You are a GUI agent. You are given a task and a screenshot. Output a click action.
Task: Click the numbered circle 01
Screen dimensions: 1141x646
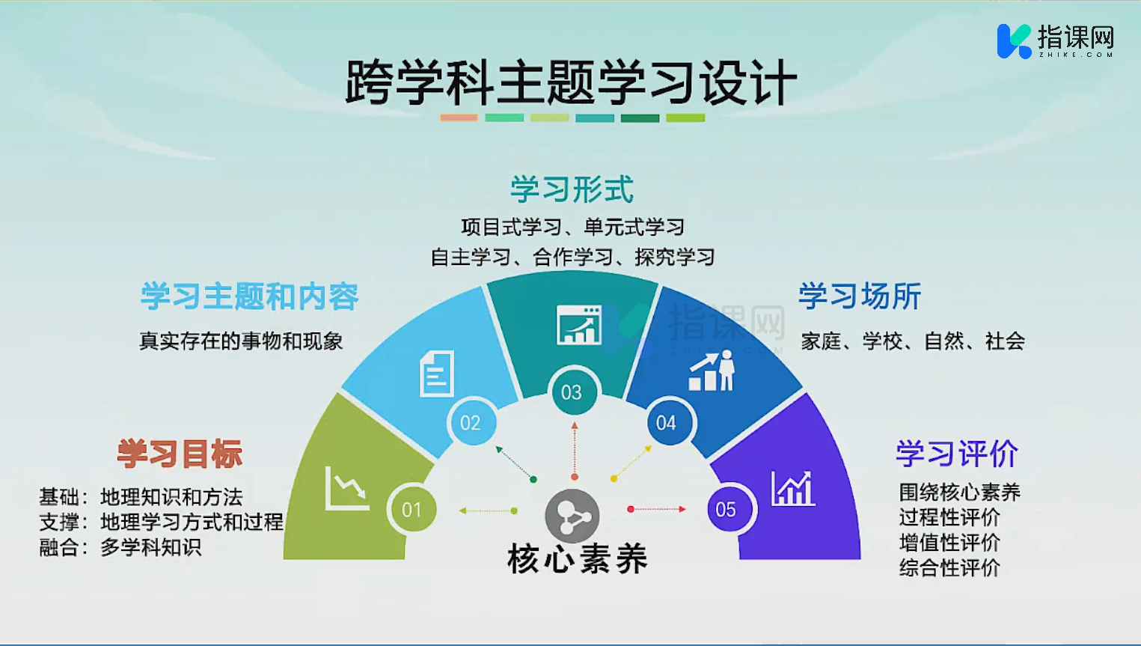412,509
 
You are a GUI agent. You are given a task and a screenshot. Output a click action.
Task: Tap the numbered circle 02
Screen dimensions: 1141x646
471,422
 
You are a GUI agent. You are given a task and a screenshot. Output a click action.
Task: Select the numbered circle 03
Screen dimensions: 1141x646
572,391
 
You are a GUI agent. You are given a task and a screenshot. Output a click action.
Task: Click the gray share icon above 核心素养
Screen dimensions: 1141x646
572,516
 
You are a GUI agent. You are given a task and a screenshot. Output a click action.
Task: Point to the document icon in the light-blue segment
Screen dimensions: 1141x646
436,374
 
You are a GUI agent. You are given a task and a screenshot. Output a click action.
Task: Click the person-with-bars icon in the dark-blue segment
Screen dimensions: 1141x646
712,371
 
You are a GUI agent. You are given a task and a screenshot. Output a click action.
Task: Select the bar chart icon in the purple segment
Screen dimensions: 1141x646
793,488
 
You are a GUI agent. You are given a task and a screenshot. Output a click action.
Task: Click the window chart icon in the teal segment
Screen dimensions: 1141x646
579,325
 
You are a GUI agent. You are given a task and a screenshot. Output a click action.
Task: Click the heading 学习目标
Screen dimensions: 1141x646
180,453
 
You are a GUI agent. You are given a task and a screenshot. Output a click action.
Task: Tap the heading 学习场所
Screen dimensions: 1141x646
860,296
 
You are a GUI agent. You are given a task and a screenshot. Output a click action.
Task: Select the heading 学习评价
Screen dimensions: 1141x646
958,453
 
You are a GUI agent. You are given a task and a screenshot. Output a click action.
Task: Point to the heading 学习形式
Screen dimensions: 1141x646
572,189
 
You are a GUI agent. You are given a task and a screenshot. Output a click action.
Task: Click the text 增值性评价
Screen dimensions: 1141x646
949,543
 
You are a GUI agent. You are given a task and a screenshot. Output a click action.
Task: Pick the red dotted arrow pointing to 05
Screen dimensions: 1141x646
657,509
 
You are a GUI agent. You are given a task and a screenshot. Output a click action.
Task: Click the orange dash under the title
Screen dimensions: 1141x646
459,118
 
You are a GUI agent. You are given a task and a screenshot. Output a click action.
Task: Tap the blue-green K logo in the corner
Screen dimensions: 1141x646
1014,41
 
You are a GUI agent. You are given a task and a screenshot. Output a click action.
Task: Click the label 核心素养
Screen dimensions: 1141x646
578,559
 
